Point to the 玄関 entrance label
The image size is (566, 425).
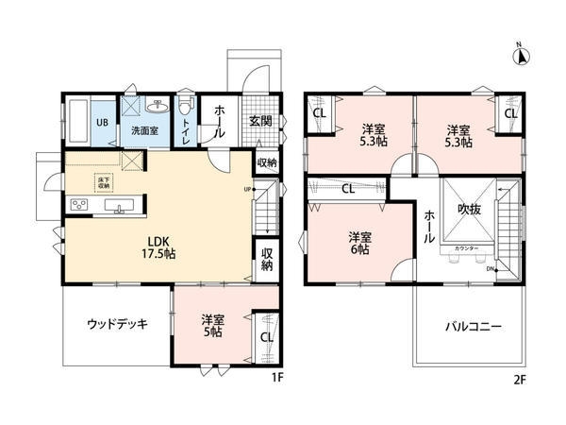260,121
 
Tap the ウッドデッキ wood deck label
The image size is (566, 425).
116,324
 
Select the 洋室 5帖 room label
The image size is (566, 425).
211,326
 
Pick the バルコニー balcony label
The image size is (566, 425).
474,327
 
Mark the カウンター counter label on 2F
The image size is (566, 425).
466,248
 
